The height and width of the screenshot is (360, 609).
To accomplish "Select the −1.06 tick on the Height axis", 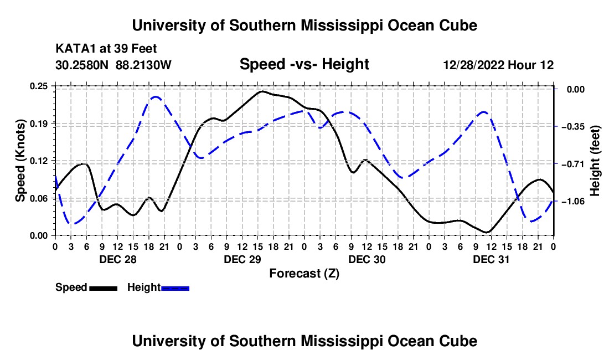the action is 573,201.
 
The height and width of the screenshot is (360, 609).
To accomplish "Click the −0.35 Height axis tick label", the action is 573,127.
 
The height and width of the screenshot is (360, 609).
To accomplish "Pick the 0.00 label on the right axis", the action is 576,89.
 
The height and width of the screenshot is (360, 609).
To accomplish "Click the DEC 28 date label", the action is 118,259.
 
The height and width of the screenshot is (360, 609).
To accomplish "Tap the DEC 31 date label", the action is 491,259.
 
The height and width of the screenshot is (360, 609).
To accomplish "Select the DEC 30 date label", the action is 367,259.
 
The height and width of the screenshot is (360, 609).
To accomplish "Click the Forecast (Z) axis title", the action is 304,274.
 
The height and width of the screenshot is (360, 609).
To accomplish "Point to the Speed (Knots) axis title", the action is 20,161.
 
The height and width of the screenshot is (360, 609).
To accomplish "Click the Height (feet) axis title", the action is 595,161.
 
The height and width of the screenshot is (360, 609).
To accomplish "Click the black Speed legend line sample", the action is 104,288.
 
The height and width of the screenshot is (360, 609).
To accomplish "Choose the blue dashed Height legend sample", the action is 175,288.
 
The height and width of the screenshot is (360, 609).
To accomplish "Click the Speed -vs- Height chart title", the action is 304,64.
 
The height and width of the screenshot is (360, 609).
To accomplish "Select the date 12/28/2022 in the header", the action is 473,65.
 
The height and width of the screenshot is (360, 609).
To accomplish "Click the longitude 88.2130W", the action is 143,65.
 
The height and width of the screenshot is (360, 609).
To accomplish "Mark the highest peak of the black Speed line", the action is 262,91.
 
